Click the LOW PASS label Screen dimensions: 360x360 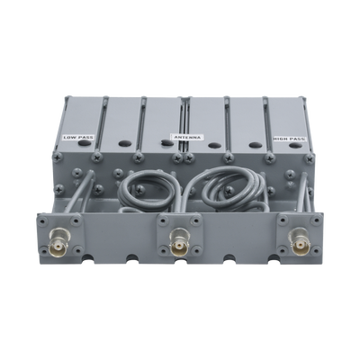[78, 138]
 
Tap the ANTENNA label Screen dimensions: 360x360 [187, 137]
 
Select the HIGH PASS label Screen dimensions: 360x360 [290, 139]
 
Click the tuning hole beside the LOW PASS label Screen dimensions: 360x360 [85, 143]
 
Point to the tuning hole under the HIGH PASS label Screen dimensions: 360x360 [296, 146]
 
